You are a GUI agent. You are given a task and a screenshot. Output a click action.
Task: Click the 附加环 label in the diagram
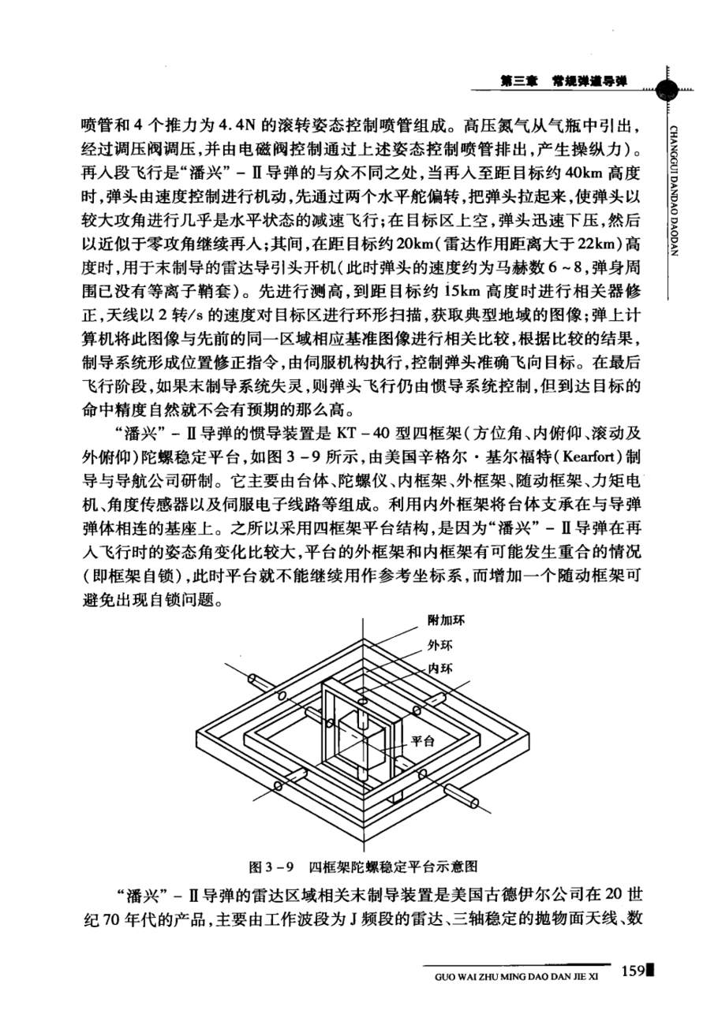(445, 620)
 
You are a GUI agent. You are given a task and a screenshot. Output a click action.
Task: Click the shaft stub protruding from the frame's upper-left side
(258, 676)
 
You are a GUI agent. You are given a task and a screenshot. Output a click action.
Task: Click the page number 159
(633, 970)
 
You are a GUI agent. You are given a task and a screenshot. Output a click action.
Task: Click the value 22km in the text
(591, 241)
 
